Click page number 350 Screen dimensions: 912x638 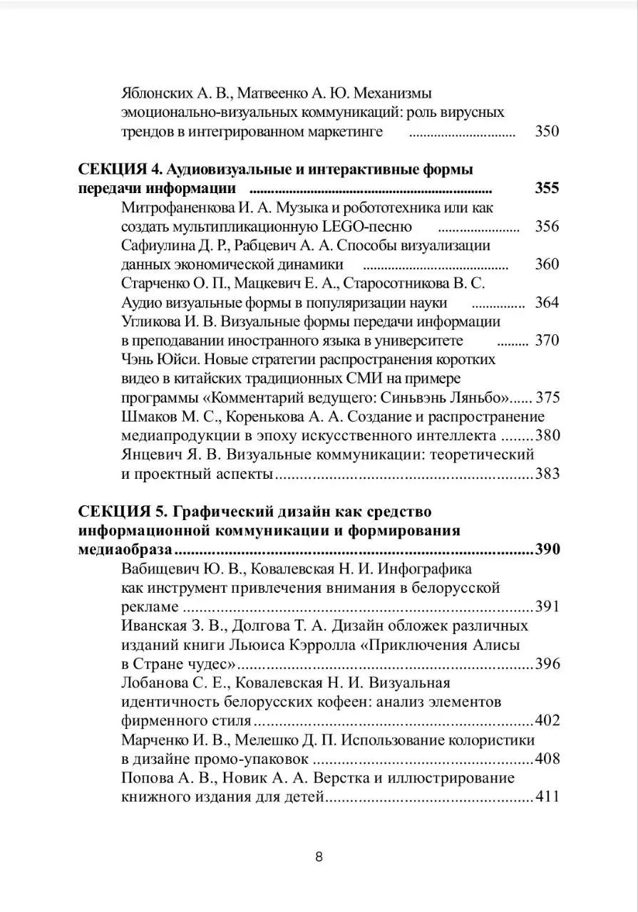[547, 132]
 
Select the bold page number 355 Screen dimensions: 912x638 [547, 189]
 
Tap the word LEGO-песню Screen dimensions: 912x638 [367, 227]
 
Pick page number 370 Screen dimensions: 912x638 [547, 341]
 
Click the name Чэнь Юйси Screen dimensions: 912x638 [158, 359]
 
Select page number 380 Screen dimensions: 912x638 [547, 435]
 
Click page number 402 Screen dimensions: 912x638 [547, 720]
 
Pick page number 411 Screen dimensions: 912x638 [547, 797]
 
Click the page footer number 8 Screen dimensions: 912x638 [319, 857]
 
